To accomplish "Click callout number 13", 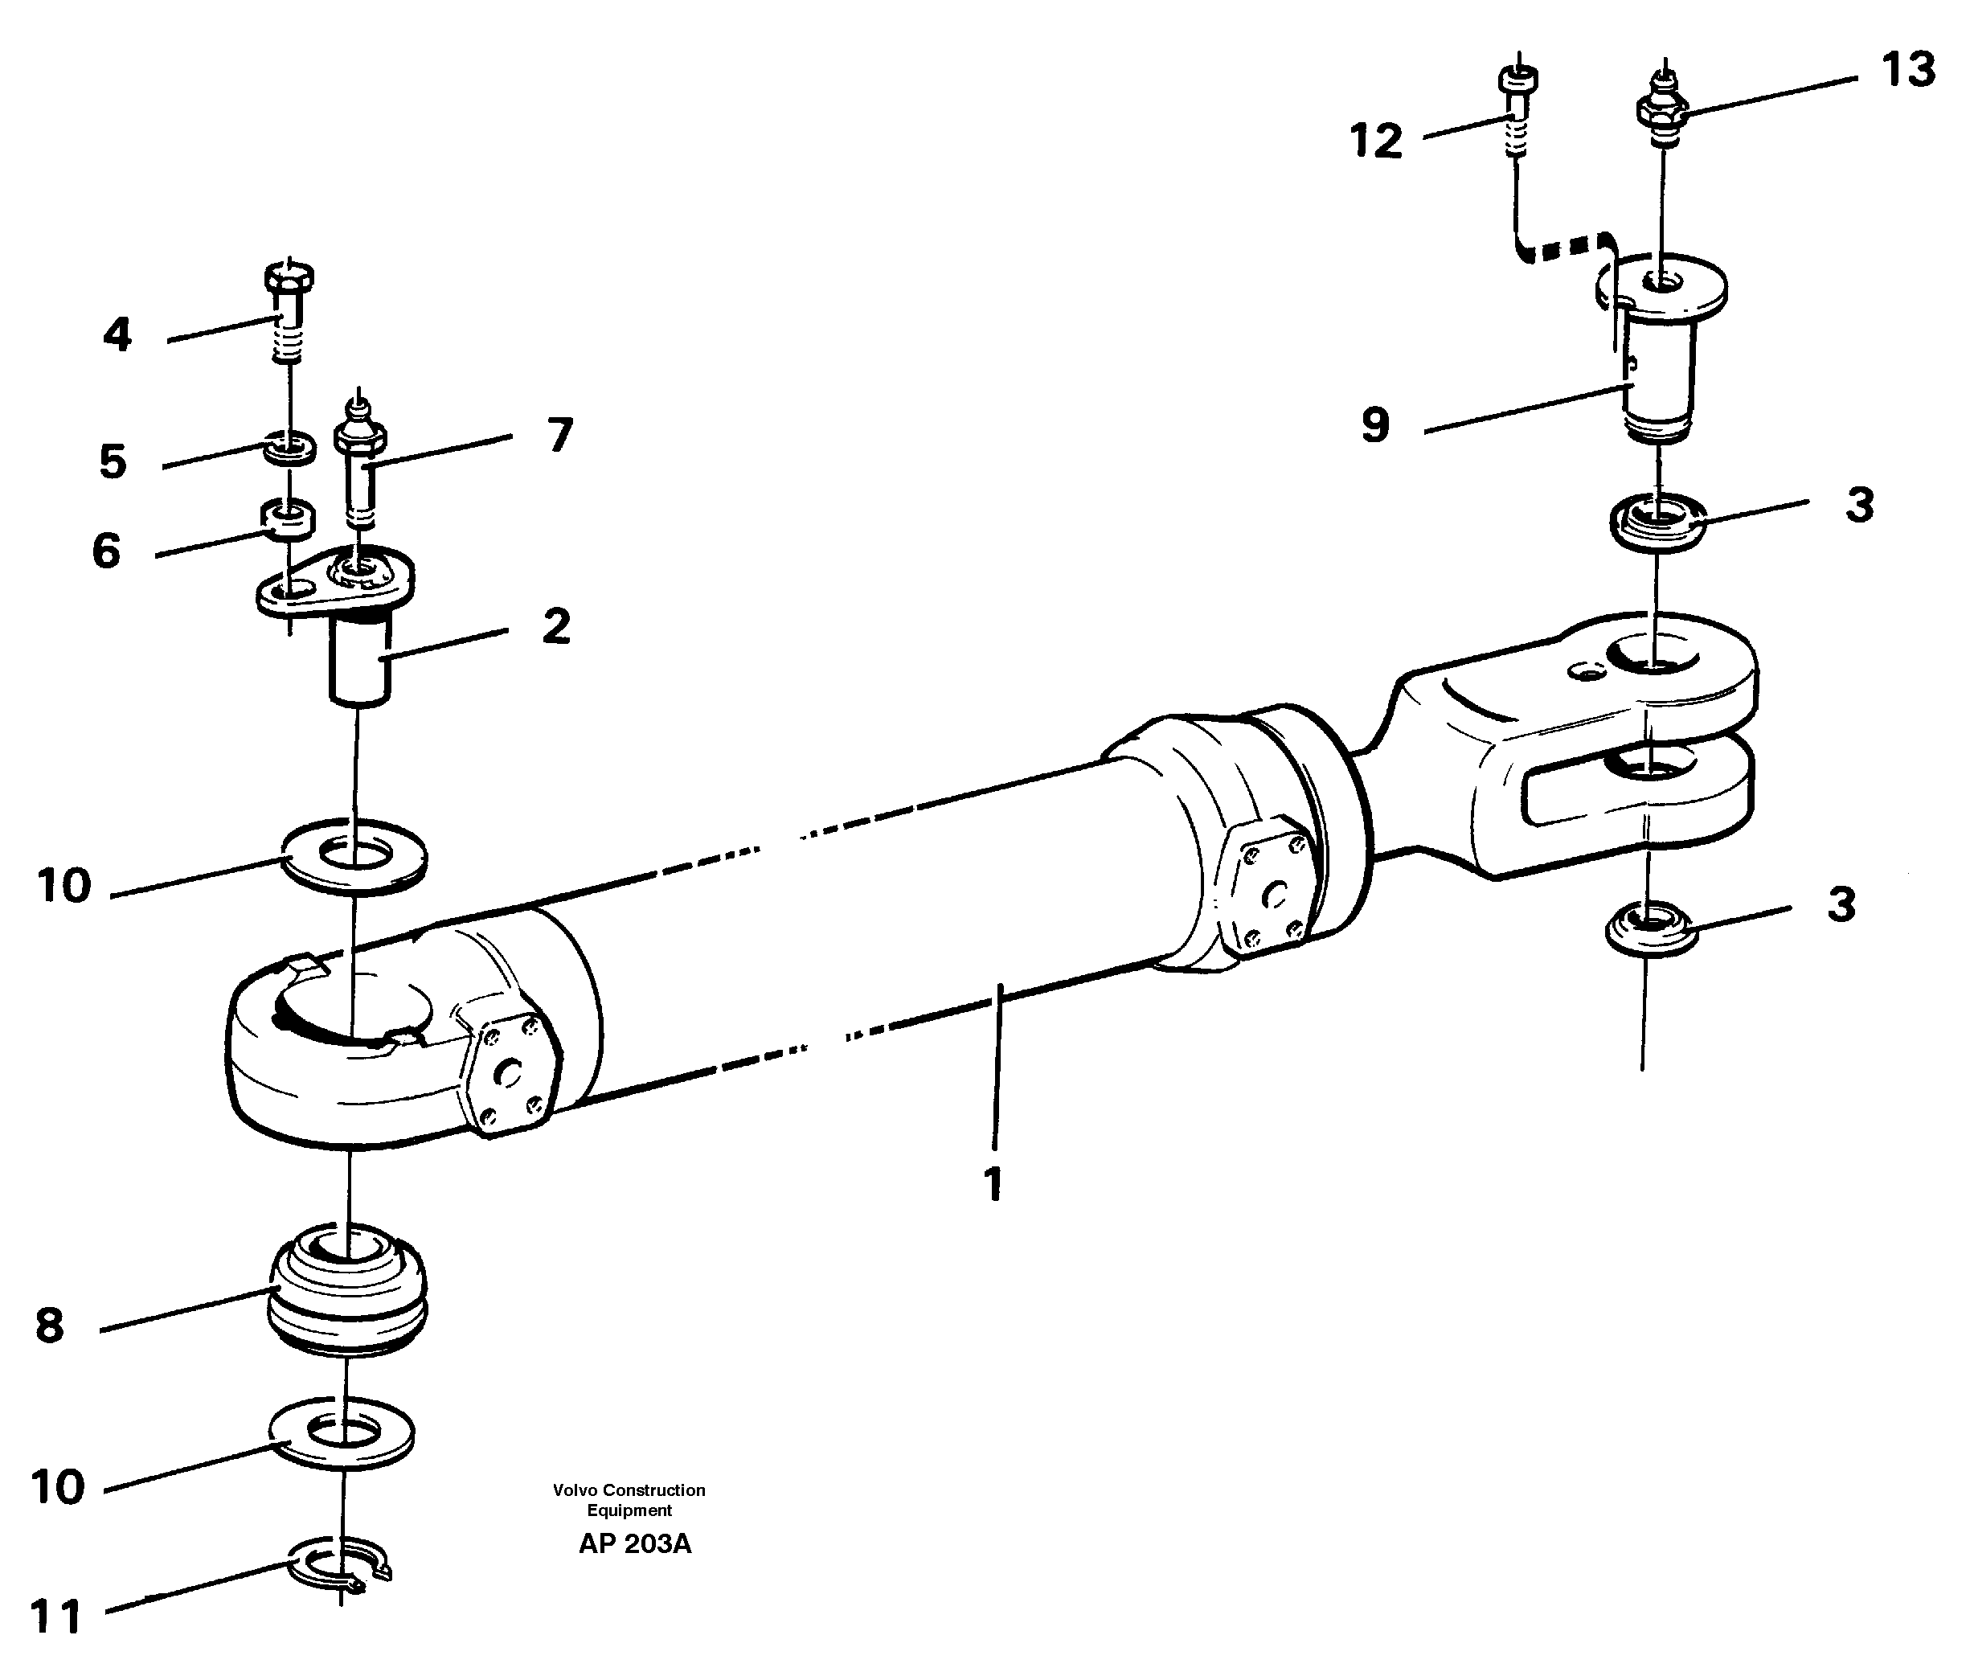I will click(x=1907, y=71).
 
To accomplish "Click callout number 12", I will click(x=1375, y=141).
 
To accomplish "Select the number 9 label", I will click(x=1375, y=424).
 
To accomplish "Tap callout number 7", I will click(x=560, y=434).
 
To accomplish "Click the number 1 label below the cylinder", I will click(x=992, y=1185).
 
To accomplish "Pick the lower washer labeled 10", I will click(x=341, y=1433).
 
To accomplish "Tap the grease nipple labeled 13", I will click(x=1663, y=110).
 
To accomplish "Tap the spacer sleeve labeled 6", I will click(x=287, y=517).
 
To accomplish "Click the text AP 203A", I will click(x=634, y=1544).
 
